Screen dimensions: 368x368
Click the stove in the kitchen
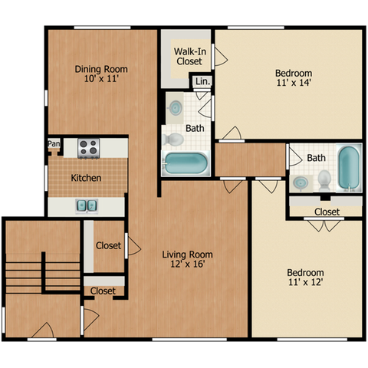[x=89, y=148]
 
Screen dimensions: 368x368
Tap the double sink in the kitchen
[x=87, y=206]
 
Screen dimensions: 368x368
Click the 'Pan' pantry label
[x=54, y=143]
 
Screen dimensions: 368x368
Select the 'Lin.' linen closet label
[x=203, y=81]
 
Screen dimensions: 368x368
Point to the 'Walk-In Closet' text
[x=190, y=57]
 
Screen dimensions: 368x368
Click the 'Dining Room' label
[x=101, y=69]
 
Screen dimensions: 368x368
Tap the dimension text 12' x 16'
[x=188, y=264]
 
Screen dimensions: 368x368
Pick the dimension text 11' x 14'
[x=294, y=83]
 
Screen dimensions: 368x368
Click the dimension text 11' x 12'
[x=306, y=282]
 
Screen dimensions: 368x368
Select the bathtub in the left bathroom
[x=186, y=163]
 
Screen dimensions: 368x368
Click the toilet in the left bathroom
[x=173, y=140]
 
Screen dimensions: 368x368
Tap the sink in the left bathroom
[x=175, y=108]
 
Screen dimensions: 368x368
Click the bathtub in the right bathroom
[x=349, y=168]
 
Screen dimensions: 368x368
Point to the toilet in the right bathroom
[x=324, y=181]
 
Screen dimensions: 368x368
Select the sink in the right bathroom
[x=301, y=183]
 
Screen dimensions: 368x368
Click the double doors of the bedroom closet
[x=324, y=225]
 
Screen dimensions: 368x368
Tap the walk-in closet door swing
[x=219, y=56]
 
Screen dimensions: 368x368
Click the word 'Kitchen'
[x=86, y=178]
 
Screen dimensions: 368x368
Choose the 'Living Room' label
[x=188, y=255]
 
